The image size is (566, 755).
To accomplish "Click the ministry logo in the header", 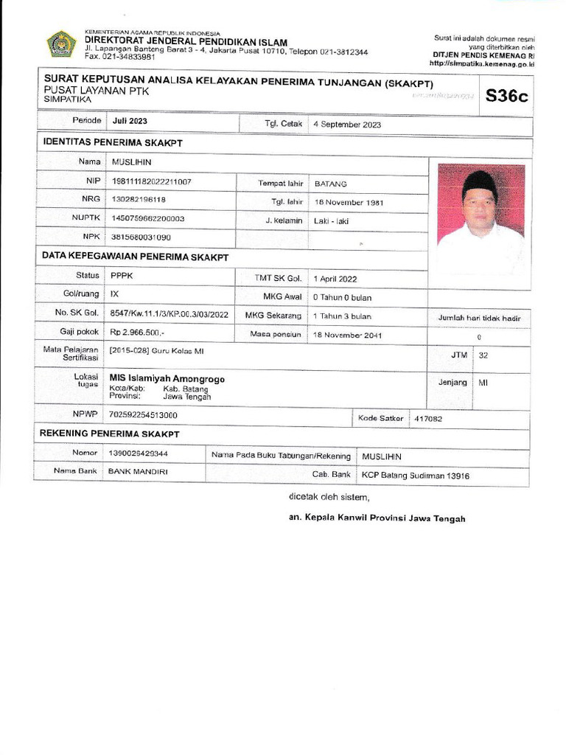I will coord(61,44).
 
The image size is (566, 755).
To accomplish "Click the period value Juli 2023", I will coord(130,120).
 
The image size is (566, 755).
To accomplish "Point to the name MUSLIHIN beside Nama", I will coord(130,161).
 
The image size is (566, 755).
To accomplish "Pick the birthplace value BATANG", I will coord(330,183).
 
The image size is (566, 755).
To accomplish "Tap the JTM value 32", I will coord(483,355).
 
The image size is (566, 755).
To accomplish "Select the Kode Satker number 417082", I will coord(428,418).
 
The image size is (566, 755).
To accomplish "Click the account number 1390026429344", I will coord(138,453).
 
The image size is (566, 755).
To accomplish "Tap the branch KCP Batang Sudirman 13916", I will coord(415,476).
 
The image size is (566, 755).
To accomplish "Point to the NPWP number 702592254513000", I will coord(147,415).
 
